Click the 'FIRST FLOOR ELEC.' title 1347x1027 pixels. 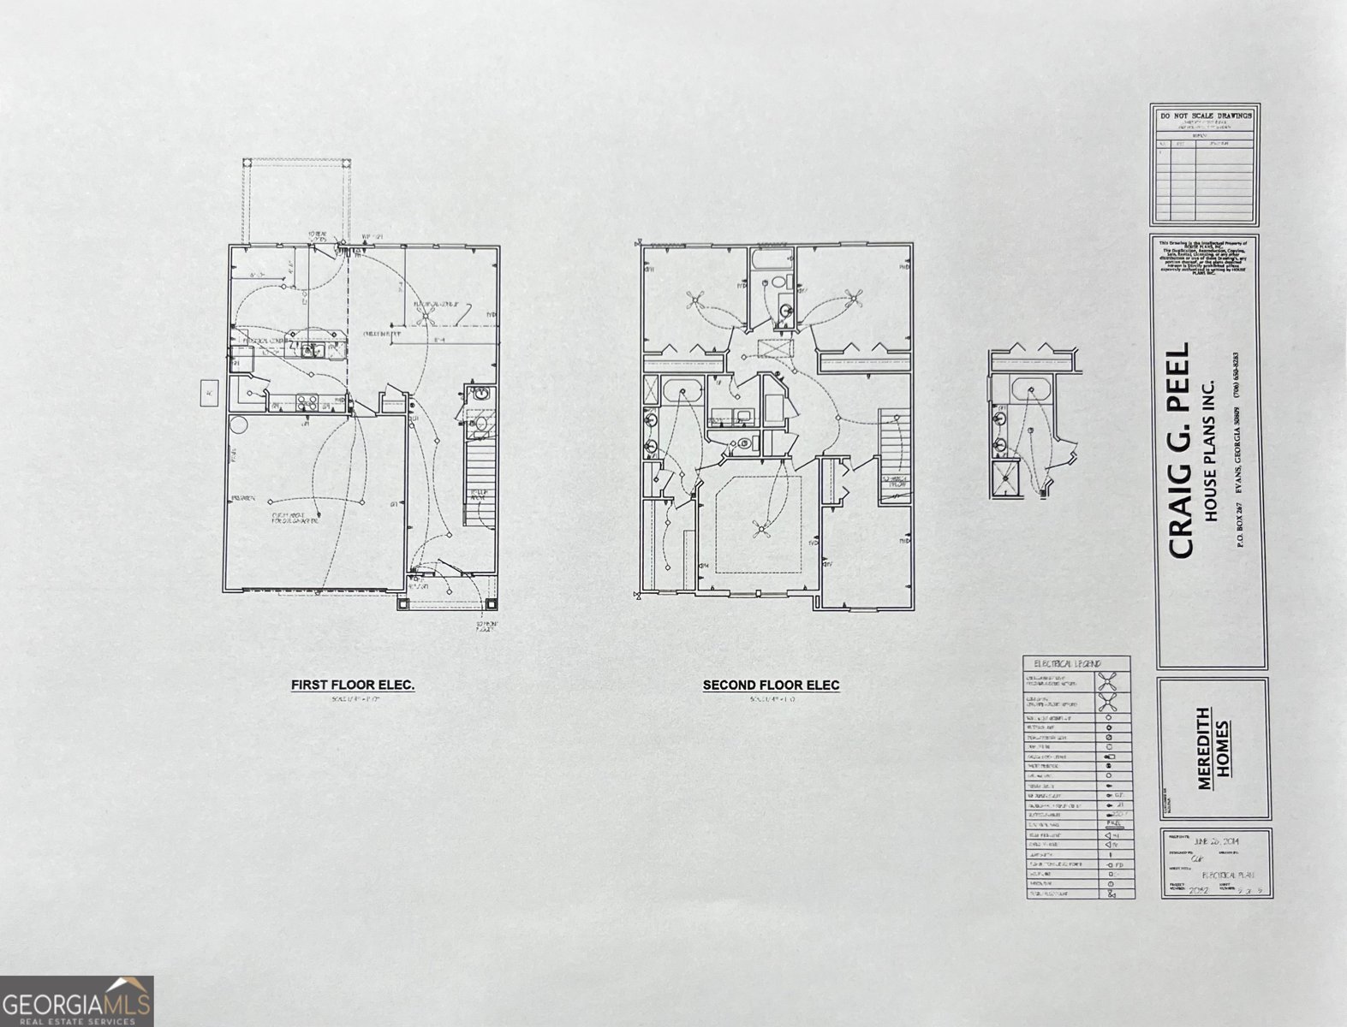coord(353,685)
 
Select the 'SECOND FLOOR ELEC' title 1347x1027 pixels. coord(771,685)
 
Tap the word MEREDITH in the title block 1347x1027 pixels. coord(1203,748)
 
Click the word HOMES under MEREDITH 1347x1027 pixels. coord(1225,748)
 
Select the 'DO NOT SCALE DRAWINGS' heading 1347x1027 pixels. coord(1205,115)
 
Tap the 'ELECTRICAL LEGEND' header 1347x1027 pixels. coord(1068,663)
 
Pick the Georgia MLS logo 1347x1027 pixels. coord(76,1000)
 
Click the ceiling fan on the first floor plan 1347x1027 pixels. coord(423,318)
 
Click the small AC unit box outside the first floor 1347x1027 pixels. coord(208,394)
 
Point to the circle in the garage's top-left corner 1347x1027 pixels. coord(237,425)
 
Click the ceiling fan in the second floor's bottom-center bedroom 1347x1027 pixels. coord(761,528)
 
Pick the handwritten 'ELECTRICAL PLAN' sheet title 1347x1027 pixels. coord(1228,876)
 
